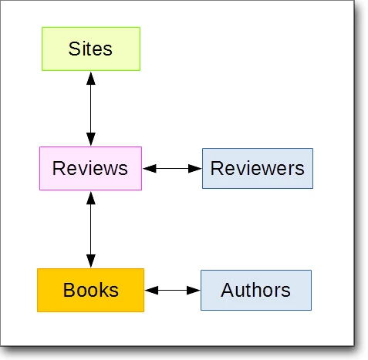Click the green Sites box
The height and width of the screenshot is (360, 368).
(91, 49)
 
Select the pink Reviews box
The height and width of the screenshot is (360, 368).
(90, 169)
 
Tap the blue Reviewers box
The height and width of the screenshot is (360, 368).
(258, 169)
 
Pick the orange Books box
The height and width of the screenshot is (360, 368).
(91, 291)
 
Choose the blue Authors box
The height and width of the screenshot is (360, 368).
(256, 291)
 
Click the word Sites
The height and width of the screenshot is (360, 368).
(90, 49)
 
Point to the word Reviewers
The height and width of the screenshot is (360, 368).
(258, 169)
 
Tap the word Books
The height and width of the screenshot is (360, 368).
(91, 290)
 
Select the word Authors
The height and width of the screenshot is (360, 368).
(255, 290)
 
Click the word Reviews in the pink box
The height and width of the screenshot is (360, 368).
(90, 169)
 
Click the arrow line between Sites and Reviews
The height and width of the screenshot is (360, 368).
(91, 109)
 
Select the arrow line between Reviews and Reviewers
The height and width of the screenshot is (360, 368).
(172, 169)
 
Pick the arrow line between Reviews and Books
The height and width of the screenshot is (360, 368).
(91, 230)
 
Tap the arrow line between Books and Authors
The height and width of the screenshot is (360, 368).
(173, 291)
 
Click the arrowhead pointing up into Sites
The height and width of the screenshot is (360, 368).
(91, 79)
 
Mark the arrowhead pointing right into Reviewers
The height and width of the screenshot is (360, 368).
(195, 169)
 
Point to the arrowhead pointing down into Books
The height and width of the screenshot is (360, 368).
(91, 261)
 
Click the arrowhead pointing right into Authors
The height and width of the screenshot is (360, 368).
(194, 291)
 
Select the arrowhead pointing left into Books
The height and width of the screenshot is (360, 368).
(152, 291)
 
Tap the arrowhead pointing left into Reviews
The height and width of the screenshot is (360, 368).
(150, 169)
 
